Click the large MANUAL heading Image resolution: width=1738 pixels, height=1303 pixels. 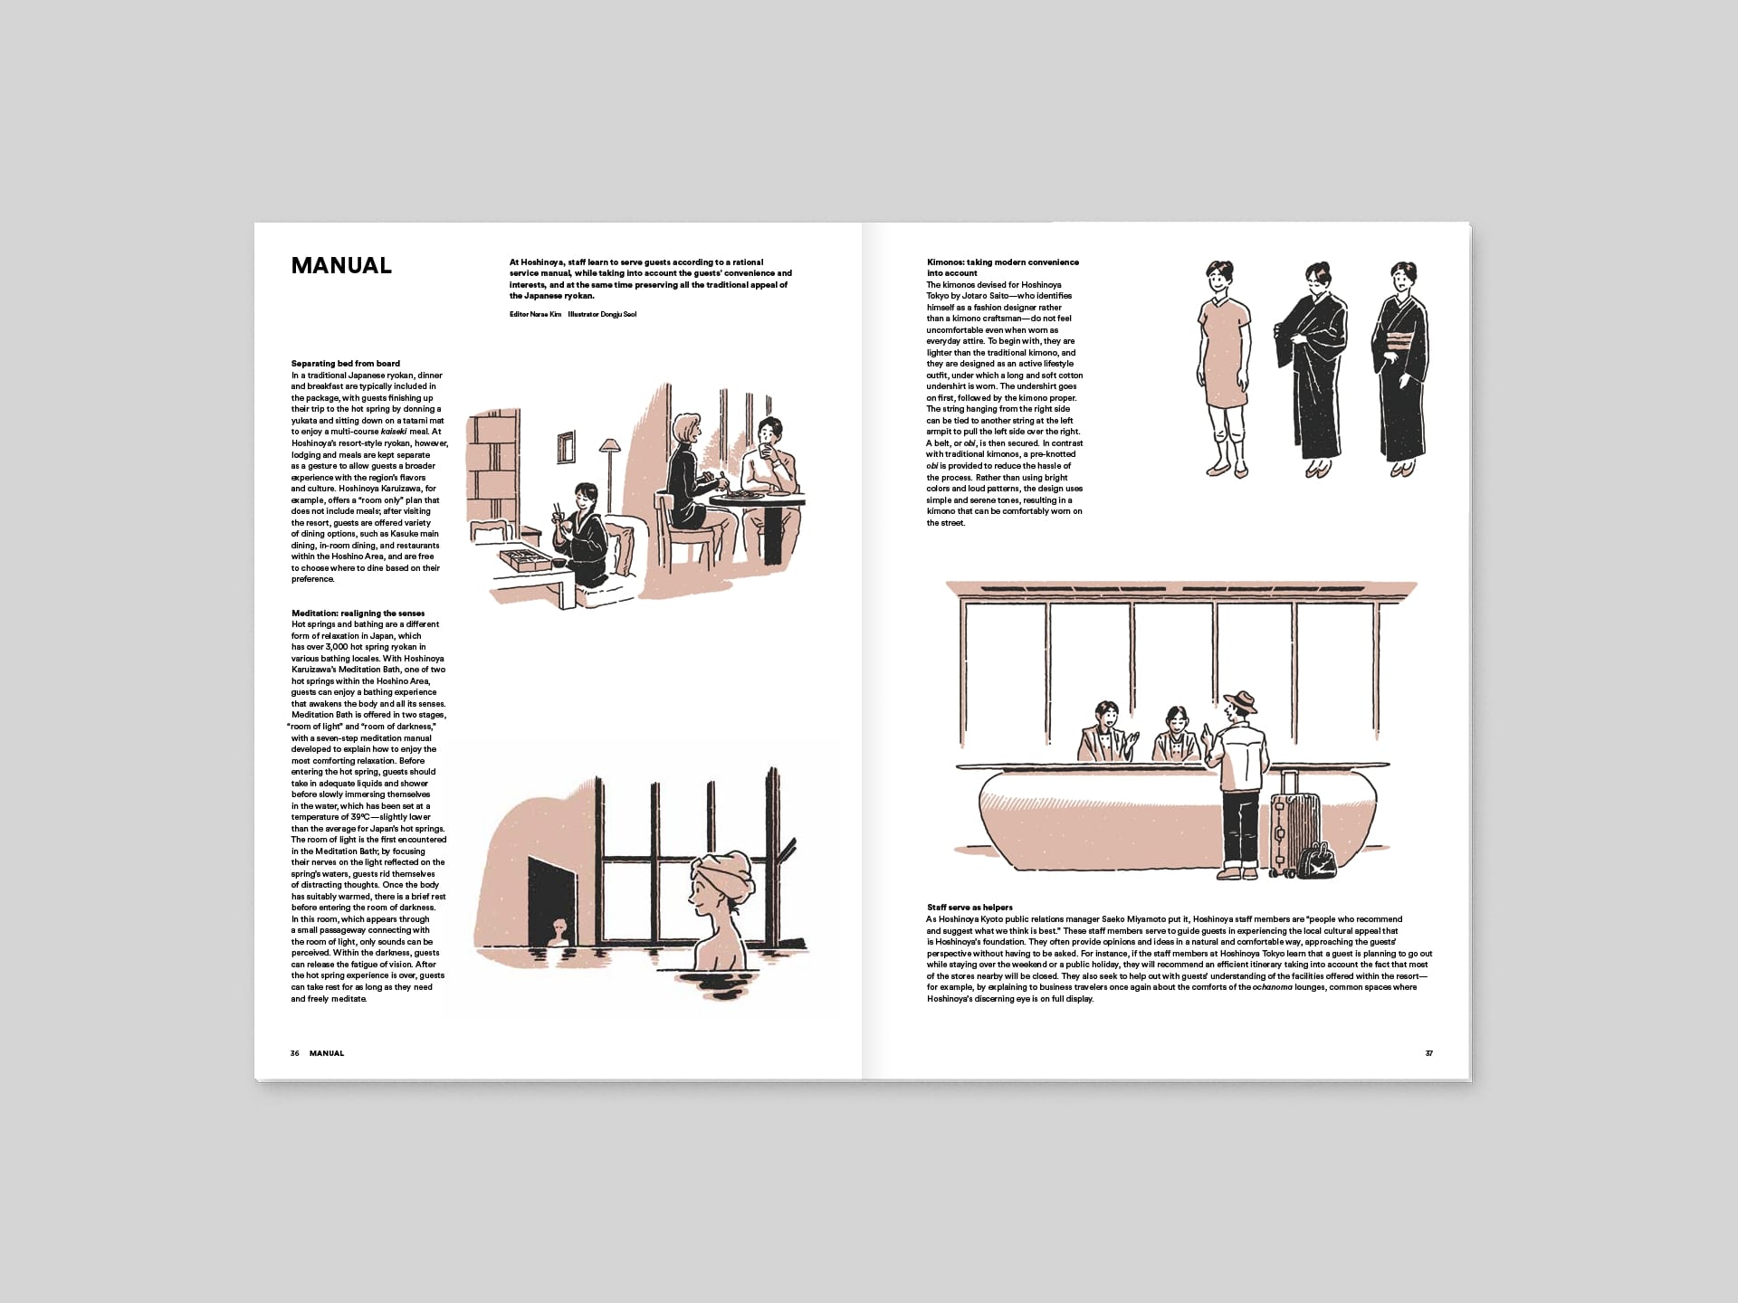click(x=341, y=266)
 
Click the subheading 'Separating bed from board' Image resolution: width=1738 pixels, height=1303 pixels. click(x=345, y=364)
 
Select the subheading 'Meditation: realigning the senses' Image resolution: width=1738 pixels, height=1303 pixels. click(x=358, y=613)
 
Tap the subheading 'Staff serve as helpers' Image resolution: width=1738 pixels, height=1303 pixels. click(x=969, y=908)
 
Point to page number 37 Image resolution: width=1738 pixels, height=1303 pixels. click(x=1428, y=1053)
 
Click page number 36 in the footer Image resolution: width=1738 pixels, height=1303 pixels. click(x=295, y=1053)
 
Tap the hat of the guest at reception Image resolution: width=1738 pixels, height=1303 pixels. click(x=1239, y=702)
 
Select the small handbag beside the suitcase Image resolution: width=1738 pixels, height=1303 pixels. click(x=1318, y=861)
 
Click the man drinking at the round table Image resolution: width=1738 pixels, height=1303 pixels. click(x=769, y=471)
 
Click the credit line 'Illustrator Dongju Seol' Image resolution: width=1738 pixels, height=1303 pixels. click(x=602, y=314)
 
